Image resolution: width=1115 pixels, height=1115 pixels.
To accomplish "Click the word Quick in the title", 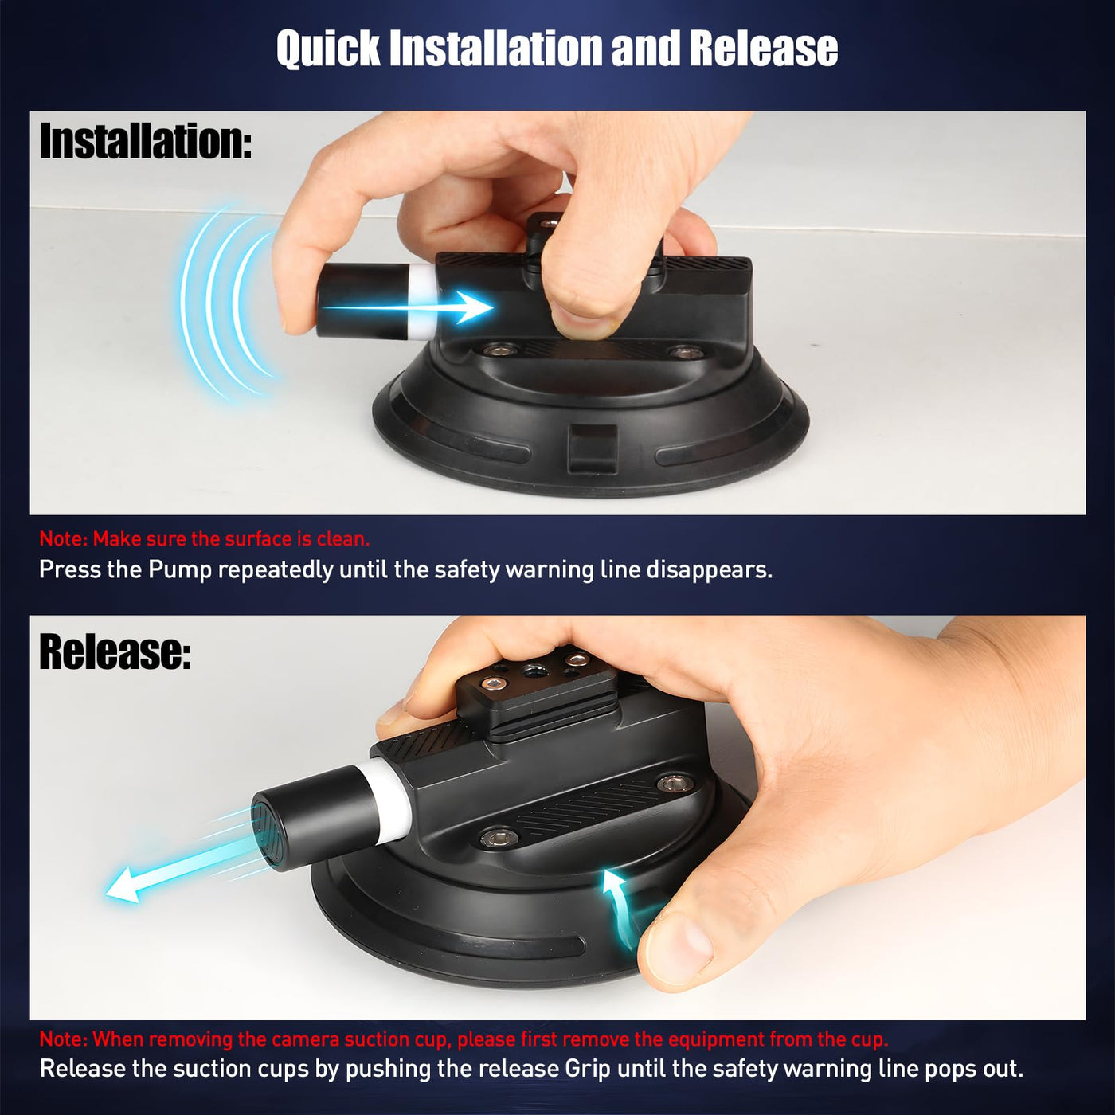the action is [328, 49].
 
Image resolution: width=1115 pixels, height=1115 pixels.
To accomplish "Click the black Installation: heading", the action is [146, 141].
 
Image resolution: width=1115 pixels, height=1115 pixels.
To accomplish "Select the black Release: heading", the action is [115, 651].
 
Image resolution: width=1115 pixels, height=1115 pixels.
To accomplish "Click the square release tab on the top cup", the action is [593, 448].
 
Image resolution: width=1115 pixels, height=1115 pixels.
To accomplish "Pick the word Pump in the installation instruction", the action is [180, 570].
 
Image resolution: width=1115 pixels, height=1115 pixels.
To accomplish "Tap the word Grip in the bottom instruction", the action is [587, 1068].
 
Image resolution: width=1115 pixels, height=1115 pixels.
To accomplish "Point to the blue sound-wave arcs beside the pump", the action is [229, 301].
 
